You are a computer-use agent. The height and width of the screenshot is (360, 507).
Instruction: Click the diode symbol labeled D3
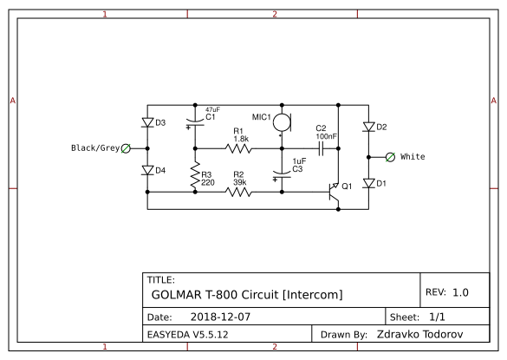(147, 122)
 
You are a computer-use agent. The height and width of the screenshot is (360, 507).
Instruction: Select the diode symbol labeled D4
(147, 170)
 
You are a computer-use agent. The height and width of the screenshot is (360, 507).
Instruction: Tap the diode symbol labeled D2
(368, 127)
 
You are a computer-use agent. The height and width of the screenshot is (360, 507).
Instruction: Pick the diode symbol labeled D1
(368, 183)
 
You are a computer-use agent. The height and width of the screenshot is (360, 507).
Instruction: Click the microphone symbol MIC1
(283, 122)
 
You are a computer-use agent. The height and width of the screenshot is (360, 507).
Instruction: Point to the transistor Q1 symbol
(334, 193)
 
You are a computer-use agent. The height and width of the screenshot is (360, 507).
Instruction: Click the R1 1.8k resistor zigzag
(238, 148)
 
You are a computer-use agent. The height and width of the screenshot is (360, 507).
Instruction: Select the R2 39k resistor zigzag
(238, 193)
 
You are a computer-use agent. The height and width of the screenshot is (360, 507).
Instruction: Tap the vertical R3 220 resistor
(195, 175)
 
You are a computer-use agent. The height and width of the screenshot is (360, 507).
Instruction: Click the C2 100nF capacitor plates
(321, 148)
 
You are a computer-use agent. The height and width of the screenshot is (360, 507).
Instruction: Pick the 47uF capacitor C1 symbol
(195, 122)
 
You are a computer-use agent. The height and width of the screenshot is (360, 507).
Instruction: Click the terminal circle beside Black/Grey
(126, 148)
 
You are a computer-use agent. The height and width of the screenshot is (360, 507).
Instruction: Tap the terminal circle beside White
(390, 157)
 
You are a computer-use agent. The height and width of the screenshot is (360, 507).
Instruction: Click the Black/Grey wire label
(95, 148)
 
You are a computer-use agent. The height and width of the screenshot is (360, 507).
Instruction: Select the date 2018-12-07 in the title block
(220, 317)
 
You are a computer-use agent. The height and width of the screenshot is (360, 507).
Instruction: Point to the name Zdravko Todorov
(420, 334)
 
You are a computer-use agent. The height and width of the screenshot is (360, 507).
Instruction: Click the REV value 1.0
(460, 292)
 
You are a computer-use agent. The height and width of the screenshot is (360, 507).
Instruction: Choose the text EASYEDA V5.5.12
(187, 335)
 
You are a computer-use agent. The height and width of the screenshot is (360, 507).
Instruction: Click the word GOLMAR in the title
(177, 295)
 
